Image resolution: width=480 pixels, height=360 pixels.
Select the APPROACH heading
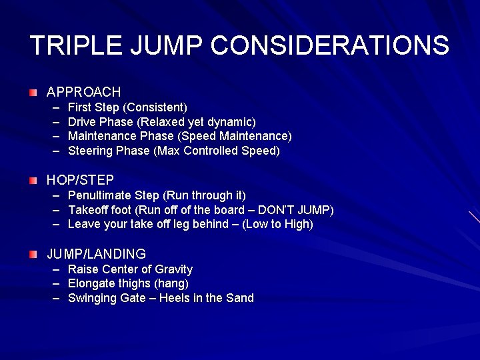pyautogui.click(x=83, y=92)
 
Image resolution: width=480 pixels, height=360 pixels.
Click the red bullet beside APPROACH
pyautogui.click(x=33, y=91)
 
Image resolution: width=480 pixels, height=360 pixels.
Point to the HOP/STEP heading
pyautogui.click(x=80, y=180)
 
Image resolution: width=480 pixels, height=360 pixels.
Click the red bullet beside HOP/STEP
pyautogui.click(x=33, y=180)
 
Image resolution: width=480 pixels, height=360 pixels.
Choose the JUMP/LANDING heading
pyautogui.click(x=96, y=254)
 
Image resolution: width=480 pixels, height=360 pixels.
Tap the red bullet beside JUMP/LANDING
pyautogui.click(x=33, y=254)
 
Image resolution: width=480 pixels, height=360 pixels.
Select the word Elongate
pyautogui.click(x=91, y=284)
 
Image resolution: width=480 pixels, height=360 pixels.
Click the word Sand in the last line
pyautogui.click(x=240, y=298)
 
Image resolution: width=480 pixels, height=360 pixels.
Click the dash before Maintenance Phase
pyautogui.click(x=55, y=136)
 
